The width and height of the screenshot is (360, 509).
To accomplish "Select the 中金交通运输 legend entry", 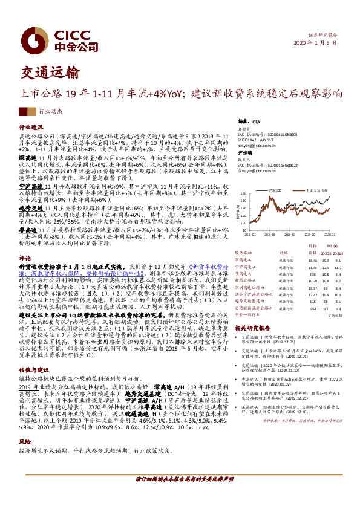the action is (315, 190).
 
